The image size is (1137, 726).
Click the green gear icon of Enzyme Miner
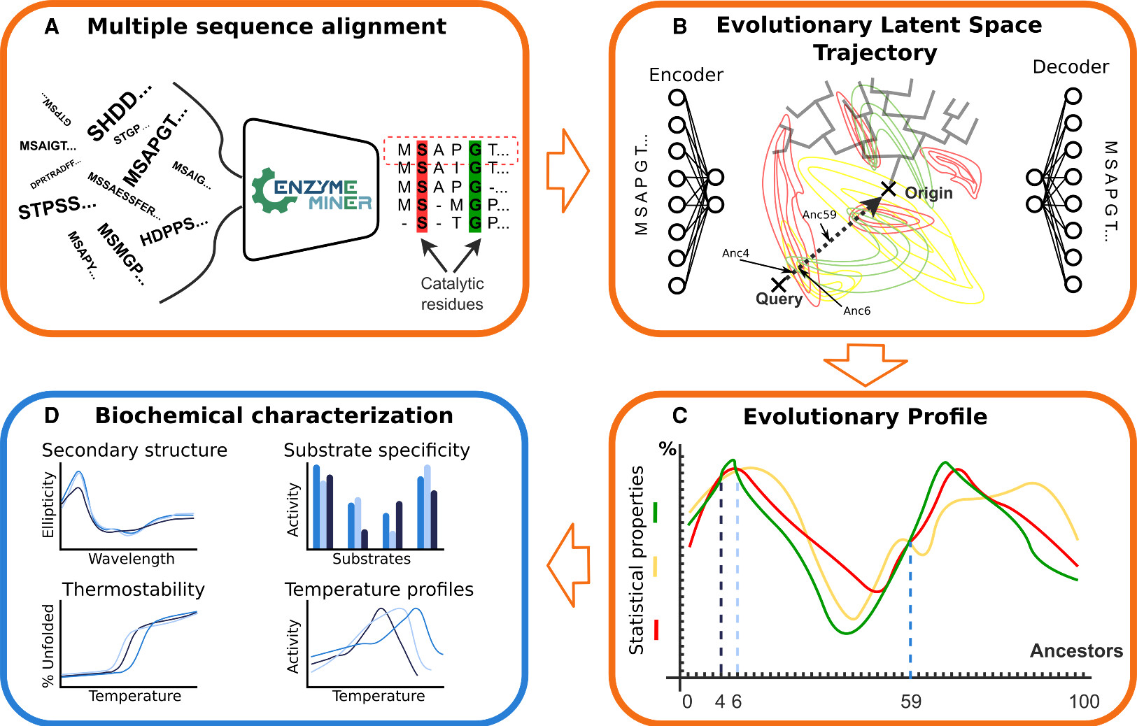click(x=269, y=191)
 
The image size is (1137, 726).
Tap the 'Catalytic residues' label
click(x=452, y=294)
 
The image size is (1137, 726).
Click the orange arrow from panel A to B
click(x=567, y=170)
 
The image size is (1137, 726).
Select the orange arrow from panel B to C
click(x=866, y=362)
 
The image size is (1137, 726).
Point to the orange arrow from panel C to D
click(x=568, y=565)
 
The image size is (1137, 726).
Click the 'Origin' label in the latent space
click(x=928, y=193)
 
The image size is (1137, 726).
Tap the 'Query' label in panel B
click(x=779, y=299)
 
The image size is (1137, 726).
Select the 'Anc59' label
click(x=819, y=215)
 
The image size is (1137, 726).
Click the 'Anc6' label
click(x=856, y=311)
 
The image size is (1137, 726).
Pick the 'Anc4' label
click(x=735, y=253)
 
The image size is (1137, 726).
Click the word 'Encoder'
click(x=686, y=75)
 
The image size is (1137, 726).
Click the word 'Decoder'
click(x=1071, y=67)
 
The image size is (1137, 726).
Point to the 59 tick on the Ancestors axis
click(x=910, y=702)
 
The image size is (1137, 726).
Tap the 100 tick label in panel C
click(x=1084, y=702)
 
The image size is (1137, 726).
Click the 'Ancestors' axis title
click(x=1076, y=651)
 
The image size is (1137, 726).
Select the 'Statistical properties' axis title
click(x=636, y=560)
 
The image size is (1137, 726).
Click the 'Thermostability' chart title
click(x=134, y=590)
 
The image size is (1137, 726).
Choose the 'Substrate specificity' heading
click(x=376, y=450)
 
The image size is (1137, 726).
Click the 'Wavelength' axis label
click(x=132, y=559)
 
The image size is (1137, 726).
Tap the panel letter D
click(x=51, y=416)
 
